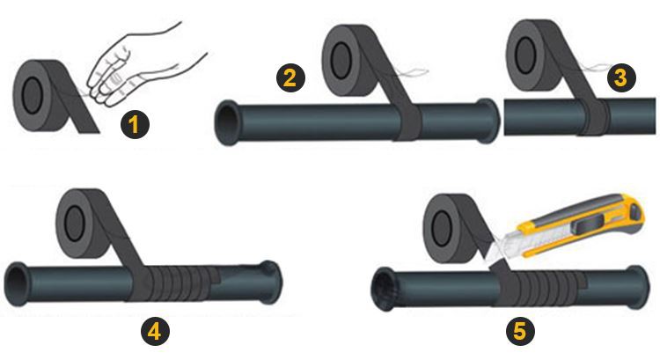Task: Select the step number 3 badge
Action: click(620, 77)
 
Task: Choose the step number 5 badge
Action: click(522, 332)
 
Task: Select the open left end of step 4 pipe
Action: click(18, 279)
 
